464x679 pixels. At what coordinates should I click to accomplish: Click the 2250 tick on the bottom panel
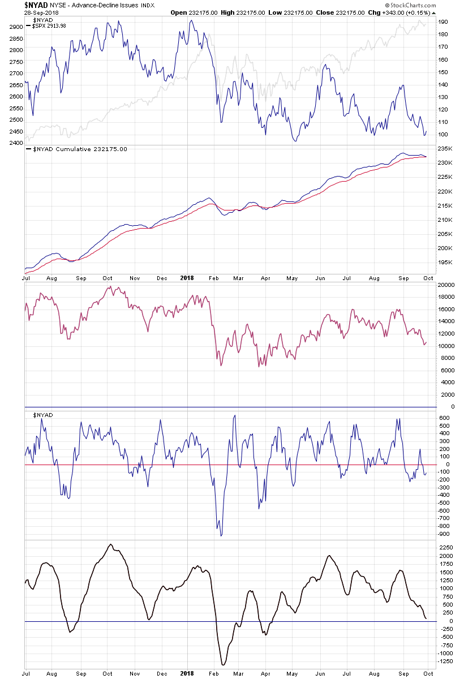coord(445,548)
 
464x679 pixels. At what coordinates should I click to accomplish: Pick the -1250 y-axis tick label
coord(444,661)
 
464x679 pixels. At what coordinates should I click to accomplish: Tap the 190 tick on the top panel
coord(442,22)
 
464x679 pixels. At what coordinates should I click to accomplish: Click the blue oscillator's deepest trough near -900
coord(221,535)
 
